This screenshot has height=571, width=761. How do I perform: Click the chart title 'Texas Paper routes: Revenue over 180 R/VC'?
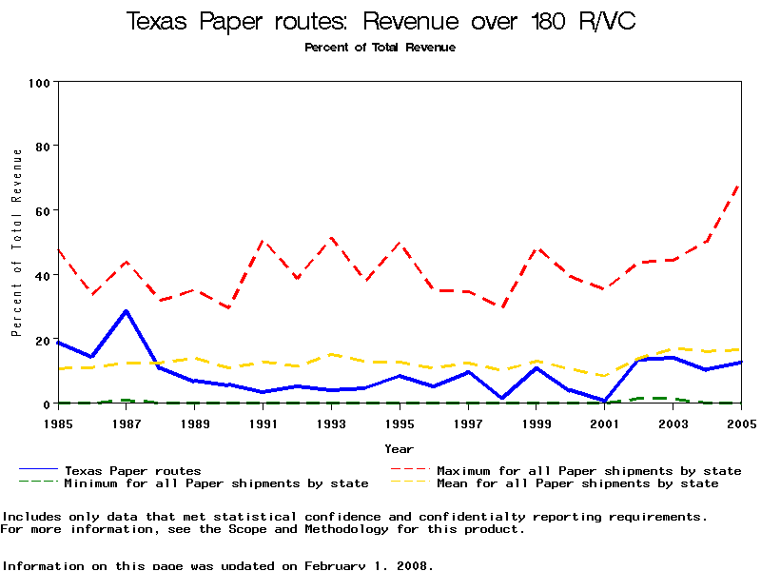pyautogui.click(x=380, y=22)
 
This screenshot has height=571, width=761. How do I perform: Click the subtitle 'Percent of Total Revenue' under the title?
pyautogui.click(x=380, y=48)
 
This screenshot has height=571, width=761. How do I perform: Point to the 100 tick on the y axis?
pyautogui.click(x=39, y=82)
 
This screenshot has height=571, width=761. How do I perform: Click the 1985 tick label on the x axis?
pyautogui.click(x=58, y=423)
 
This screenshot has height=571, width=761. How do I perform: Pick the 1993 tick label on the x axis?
pyautogui.click(x=331, y=423)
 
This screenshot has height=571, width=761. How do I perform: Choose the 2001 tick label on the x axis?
pyautogui.click(x=604, y=423)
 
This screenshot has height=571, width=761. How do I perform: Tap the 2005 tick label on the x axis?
pyautogui.click(x=740, y=423)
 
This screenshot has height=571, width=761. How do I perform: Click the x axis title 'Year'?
pyautogui.click(x=400, y=448)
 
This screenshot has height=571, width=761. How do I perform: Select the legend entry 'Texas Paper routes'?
pyautogui.click(x=132, y=470)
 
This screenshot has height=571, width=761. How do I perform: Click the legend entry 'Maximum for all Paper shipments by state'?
pyautogui.click(x=588, y=470)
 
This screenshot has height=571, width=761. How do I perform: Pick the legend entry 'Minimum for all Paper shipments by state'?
pyautogui.click(x=216, y=483)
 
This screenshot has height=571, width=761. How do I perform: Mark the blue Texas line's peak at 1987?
pyautogui.click(x=127, y=311)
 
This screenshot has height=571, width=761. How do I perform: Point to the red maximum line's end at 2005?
pyautogui.click(x=740, y=184)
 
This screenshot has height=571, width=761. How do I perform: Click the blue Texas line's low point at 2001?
pyautogui.click(x=604, y=401)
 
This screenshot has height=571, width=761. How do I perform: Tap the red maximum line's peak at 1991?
pyautogui.click(x=263, y=241)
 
